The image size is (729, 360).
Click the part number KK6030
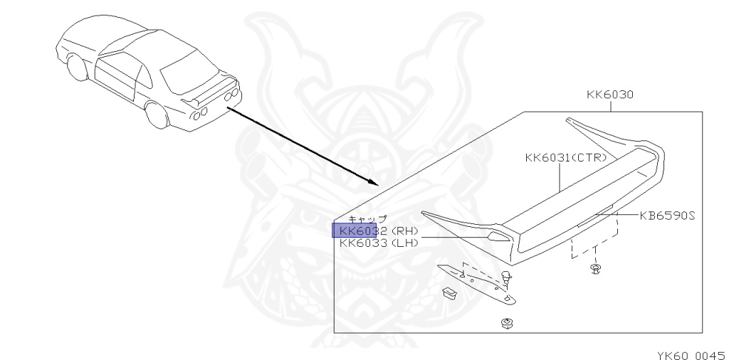(x=610, y=94)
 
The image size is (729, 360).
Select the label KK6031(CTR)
(x=565, y=158)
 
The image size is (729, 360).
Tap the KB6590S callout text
(x=667, y=215)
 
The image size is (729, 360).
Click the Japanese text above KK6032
(x=367, y=219)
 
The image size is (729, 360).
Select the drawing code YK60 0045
(x=689, y=354)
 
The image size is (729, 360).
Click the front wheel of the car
(x=77, y=70)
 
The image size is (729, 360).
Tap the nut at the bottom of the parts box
(x=508, y=324)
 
